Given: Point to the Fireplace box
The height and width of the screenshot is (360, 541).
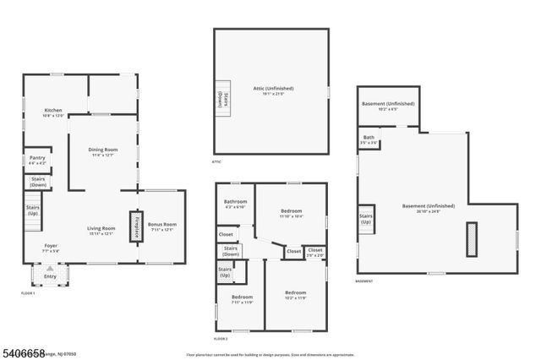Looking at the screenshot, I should [134, 226].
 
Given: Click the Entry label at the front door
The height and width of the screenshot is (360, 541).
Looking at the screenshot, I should [50, 275].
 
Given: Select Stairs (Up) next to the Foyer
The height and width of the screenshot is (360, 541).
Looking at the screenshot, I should [32, 210].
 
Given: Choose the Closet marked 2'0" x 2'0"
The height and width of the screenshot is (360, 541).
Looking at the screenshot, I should [314, 251].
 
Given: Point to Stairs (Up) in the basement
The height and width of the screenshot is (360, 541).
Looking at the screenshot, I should [366, 218].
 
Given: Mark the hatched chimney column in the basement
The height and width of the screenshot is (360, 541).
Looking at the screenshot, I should [471, 235].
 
